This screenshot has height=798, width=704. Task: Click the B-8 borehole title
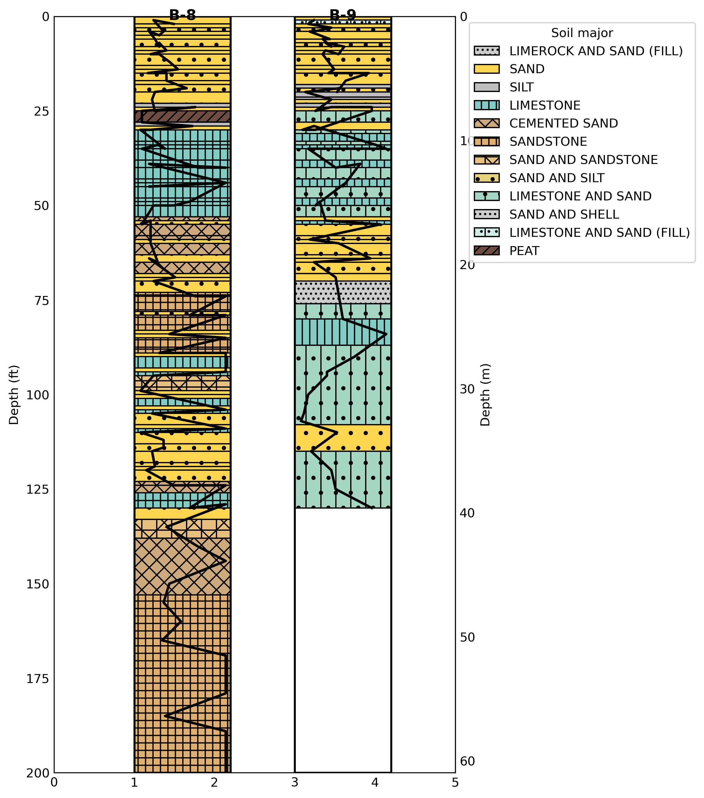(x=182, y=15)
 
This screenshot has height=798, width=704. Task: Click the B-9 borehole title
(x=343, y=15)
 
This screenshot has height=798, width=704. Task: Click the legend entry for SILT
(x=521, y=87)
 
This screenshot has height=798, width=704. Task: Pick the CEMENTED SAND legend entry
(x=563, y=123)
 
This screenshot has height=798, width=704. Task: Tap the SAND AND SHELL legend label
(x=564, y=214)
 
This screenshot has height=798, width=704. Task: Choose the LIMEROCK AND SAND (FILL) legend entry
(x=596, y=51)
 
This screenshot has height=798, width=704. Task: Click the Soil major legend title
(x=582, y=33)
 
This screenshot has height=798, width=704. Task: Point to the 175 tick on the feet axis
(x=38, y=679)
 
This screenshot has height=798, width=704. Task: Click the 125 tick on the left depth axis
(x=38, y=489)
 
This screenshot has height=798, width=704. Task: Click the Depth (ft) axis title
(x=14, y=395)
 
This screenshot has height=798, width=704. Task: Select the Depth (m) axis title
(x=485, y=395)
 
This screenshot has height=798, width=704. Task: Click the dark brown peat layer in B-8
(x=182, y=116)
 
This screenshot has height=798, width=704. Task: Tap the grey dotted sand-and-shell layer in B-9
(x=343, y=292)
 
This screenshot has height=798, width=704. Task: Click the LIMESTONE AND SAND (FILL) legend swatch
(x=486, y=233)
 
